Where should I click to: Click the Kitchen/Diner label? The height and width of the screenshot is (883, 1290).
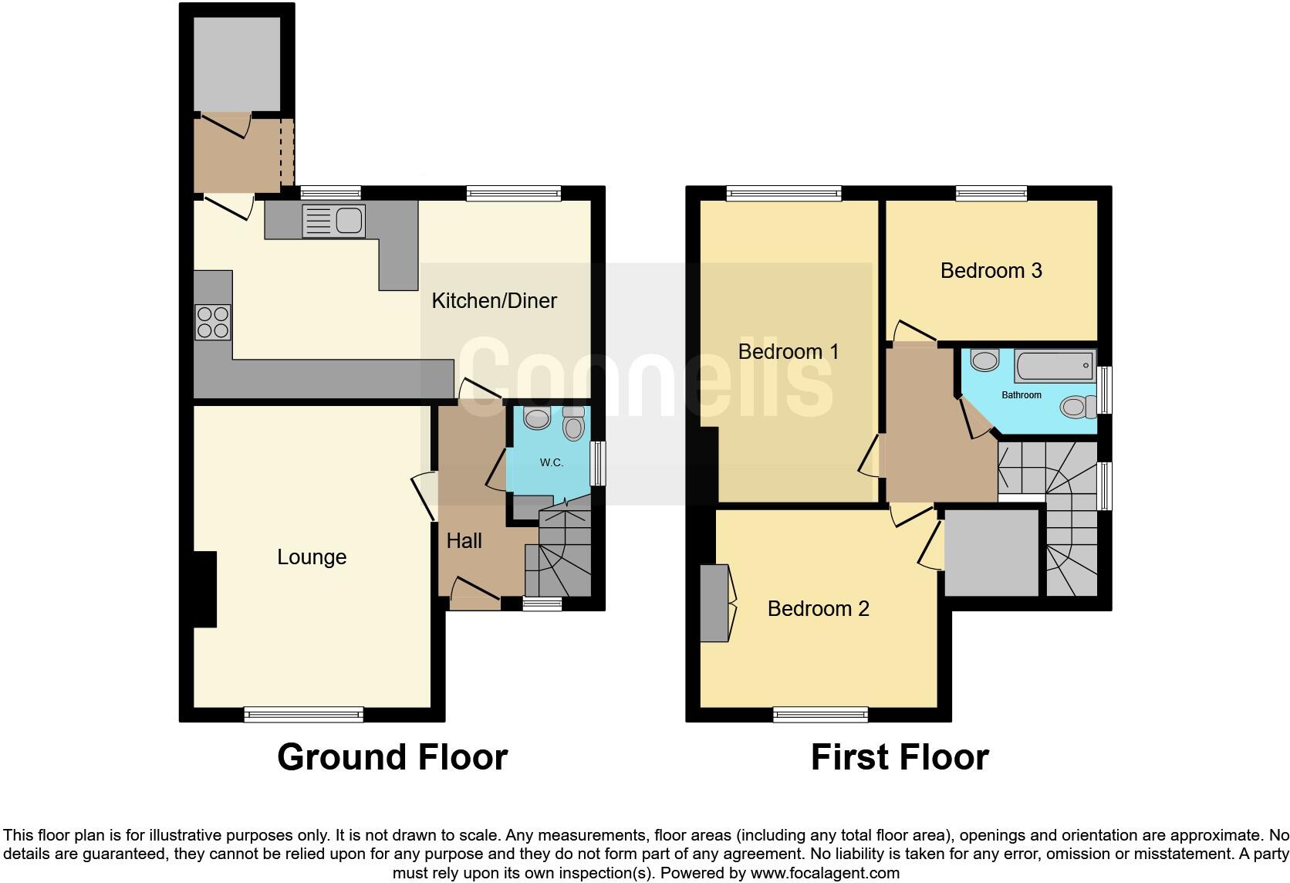click(494, 300)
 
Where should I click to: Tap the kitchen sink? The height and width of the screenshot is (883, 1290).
click(334, 222)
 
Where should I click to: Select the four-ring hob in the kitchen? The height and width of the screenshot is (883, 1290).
click(213, 322)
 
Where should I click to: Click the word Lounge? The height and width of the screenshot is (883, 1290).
click(312, 557)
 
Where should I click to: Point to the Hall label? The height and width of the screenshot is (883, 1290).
click(464, 541)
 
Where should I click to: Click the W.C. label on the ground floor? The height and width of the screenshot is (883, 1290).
click(551, 462)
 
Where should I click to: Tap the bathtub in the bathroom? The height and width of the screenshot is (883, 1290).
click(1055, 366)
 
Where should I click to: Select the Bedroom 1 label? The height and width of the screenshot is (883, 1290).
click(788, 352)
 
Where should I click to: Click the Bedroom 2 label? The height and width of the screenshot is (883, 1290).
click(818, 609)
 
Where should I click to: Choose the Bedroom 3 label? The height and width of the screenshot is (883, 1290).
click(991, 271)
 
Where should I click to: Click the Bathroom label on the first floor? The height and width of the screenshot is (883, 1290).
click(1021, 395)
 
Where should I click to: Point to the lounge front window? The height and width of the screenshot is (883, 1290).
click(303, 715)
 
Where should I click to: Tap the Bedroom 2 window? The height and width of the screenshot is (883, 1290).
click(820, 715)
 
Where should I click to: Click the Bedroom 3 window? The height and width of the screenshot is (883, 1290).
click(991, 193)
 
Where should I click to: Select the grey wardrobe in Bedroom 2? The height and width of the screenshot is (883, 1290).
click(714, 604)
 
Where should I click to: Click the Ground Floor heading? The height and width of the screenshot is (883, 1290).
click(392, 758)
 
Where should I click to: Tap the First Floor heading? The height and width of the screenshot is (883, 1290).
click(899, 758)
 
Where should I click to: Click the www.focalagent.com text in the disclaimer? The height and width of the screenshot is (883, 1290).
click(824, 874)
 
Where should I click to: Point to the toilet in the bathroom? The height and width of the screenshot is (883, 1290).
click(1079, 406)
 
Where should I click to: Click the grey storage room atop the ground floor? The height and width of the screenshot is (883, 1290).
click(236, 64)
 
